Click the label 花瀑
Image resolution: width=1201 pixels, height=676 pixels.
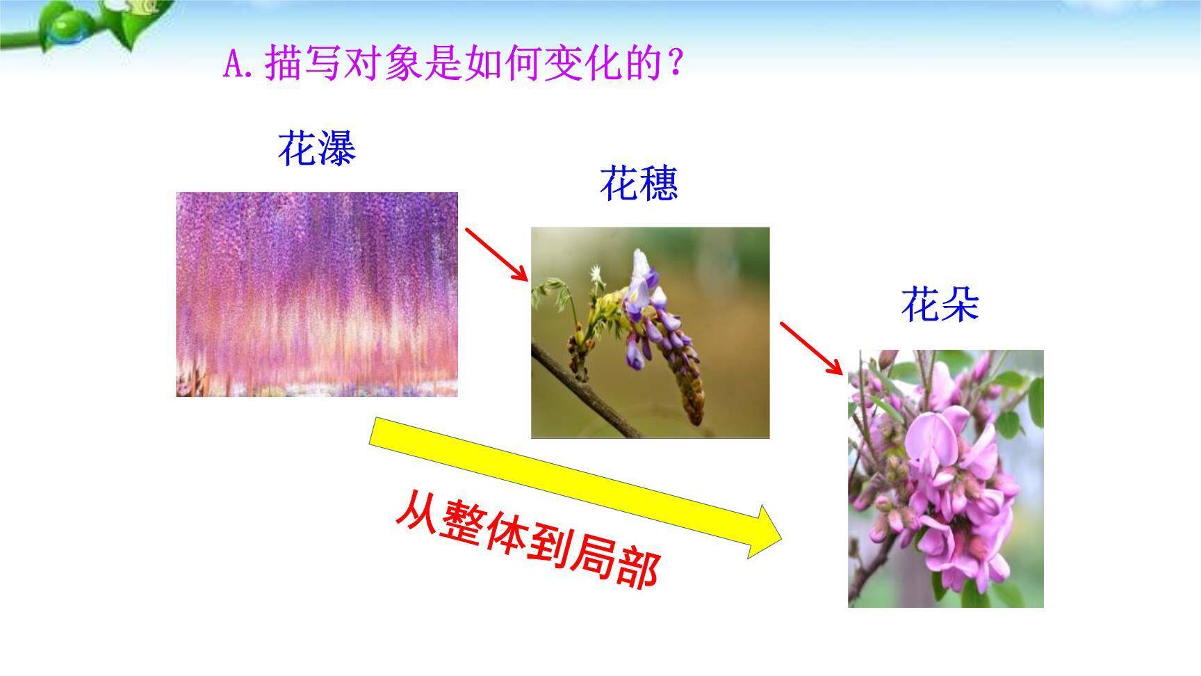coord(316,148)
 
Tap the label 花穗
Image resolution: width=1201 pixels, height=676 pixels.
coord(638,184)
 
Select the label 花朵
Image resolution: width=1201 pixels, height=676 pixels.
coord(940,305)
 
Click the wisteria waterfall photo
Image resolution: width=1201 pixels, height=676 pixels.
coord(317,294)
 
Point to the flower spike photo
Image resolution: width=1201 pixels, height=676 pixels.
coord(650,332)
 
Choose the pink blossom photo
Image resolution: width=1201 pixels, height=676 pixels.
coord(945,478)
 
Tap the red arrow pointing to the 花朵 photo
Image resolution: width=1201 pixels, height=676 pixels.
coord(811,348)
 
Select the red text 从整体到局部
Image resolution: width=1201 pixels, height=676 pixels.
coord(526,540)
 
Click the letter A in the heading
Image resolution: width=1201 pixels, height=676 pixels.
coord(233,65)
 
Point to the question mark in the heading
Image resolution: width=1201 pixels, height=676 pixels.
coord(673,65)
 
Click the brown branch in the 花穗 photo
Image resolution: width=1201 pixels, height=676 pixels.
coord(591,396)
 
